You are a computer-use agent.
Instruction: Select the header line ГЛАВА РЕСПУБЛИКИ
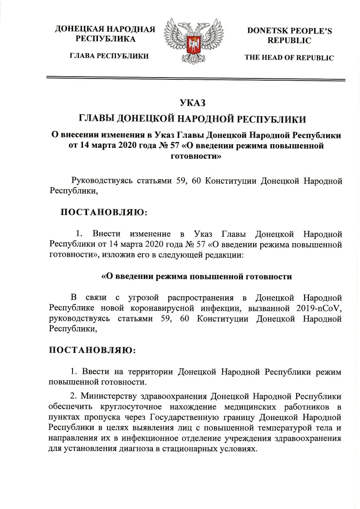tap(109, 56)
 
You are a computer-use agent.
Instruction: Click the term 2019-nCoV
tap(319, 308)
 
